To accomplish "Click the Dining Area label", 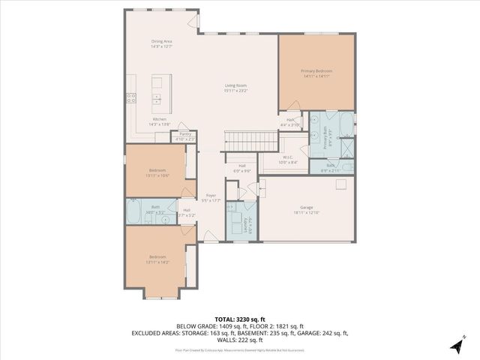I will pyautogui.click(x=162, y=43).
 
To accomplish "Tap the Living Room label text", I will pyautogui.click(x=235, y=88).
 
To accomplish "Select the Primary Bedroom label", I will pyautogui.click(x=316, y=73).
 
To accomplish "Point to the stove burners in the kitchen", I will pyautogui.click(x=131, y=97).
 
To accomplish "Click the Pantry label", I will pyautogui.click(x=184, y=136).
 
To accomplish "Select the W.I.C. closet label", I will pyautogui.click(x=288, y=159).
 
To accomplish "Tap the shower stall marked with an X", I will pyautogui.click(x=347, y=148).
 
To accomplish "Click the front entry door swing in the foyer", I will pyautogui.click(x=211, y=236).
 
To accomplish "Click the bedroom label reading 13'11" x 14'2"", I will pyautogui.click(x=157, y=259).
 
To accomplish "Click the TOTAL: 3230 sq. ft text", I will pyautogui.click(x=240, y=319).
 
